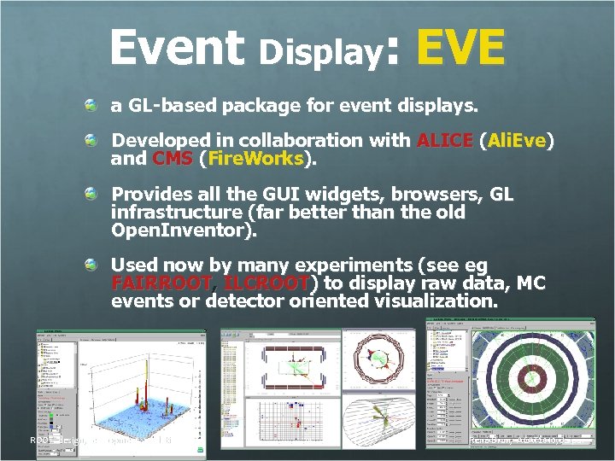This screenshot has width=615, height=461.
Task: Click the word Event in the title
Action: point(177,47)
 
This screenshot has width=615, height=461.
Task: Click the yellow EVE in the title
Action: point(460,47)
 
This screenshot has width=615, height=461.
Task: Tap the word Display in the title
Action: point(319,53)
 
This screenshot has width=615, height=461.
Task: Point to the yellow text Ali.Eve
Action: point(516,140)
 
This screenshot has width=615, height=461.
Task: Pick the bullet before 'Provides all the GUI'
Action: point(91,195)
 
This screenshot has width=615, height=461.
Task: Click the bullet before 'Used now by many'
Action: point(91,265)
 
